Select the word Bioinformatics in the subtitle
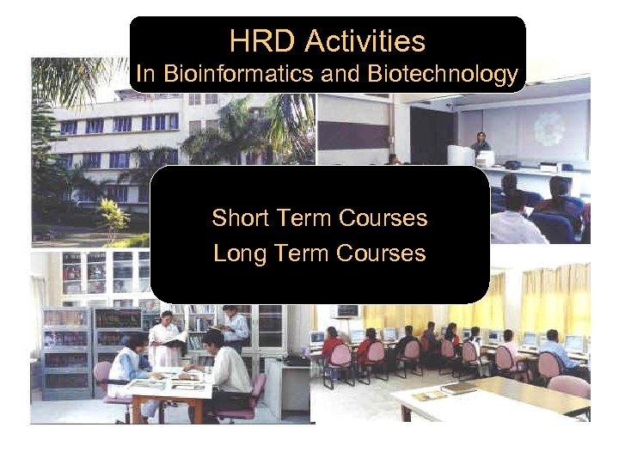coord(237,75)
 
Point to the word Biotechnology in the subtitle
coord(442,75)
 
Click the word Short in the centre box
coord(242,218)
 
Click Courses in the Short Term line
coord(383,218)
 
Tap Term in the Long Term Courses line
coord(303,253)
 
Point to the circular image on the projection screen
coord(549,129)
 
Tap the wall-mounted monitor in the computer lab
coord(347,310)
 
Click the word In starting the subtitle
coord(145,75)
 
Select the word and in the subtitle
coord(342,75)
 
